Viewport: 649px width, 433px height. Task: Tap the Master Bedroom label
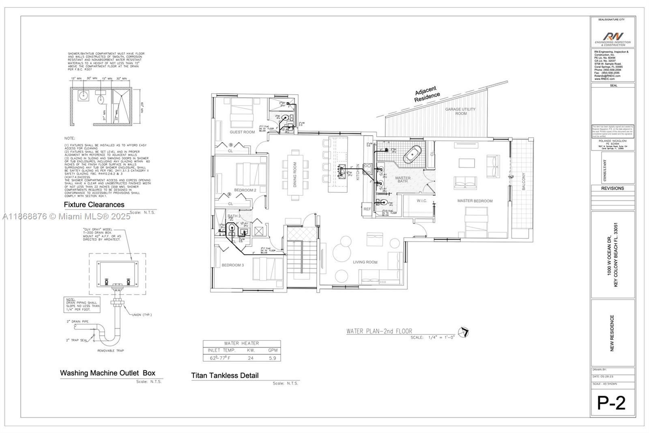coord(475,201)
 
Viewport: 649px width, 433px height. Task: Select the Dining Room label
coord(295,175)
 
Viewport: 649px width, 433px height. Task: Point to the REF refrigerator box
coord(367,209)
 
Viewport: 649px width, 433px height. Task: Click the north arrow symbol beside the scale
coord(464,332)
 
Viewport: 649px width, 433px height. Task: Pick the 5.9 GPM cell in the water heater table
coord(272,358)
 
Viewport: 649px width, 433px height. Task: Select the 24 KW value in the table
coord(251,358)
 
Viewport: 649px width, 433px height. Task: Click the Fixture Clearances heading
coord(94,205)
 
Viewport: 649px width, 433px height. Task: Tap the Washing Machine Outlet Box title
coord(107,373)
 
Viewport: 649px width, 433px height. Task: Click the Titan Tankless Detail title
coord(225,375)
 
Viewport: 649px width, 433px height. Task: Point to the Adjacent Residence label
coord(426,94)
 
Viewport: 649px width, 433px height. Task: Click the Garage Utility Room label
coord(460,111)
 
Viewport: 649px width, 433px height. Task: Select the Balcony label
coord(523,181)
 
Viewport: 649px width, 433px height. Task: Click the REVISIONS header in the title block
coord(612,188)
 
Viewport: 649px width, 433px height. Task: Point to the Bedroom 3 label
coord(233,265)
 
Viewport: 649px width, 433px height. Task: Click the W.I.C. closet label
coord(422,201)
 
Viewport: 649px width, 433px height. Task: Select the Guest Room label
coord(242,132)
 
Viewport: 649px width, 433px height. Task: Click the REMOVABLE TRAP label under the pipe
coord(110,350)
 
